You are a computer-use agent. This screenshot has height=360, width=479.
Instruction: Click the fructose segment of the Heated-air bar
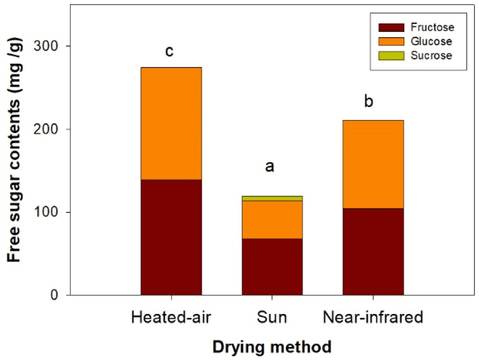171,237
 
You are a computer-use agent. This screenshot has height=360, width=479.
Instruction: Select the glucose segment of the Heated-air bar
171,123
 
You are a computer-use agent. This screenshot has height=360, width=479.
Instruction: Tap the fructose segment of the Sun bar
272,267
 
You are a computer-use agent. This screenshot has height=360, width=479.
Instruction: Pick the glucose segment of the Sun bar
272,220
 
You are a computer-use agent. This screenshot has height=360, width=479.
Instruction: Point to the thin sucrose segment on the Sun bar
272,198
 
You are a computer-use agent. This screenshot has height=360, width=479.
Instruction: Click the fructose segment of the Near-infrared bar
373,252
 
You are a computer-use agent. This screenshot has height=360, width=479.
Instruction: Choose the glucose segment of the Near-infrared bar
373,165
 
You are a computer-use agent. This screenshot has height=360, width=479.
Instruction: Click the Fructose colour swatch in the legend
391,28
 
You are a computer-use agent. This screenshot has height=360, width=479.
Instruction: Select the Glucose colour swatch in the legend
391,42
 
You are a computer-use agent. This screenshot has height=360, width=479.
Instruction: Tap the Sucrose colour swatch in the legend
391,56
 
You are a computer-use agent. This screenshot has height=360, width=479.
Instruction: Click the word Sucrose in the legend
431,56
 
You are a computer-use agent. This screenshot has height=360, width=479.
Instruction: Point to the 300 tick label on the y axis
46,45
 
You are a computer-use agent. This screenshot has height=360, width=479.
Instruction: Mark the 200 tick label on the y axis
46,129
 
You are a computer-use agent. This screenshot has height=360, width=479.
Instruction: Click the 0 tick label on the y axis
54,295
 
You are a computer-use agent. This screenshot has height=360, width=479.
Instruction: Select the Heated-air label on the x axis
171,317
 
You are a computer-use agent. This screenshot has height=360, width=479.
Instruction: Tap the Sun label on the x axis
272,317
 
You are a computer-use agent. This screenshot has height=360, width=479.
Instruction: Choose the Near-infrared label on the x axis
373,317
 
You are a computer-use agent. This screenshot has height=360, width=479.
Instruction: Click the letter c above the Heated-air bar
169,51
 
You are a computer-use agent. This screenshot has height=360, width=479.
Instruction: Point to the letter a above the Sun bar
269,167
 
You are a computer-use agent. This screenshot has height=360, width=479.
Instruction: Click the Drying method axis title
272,347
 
